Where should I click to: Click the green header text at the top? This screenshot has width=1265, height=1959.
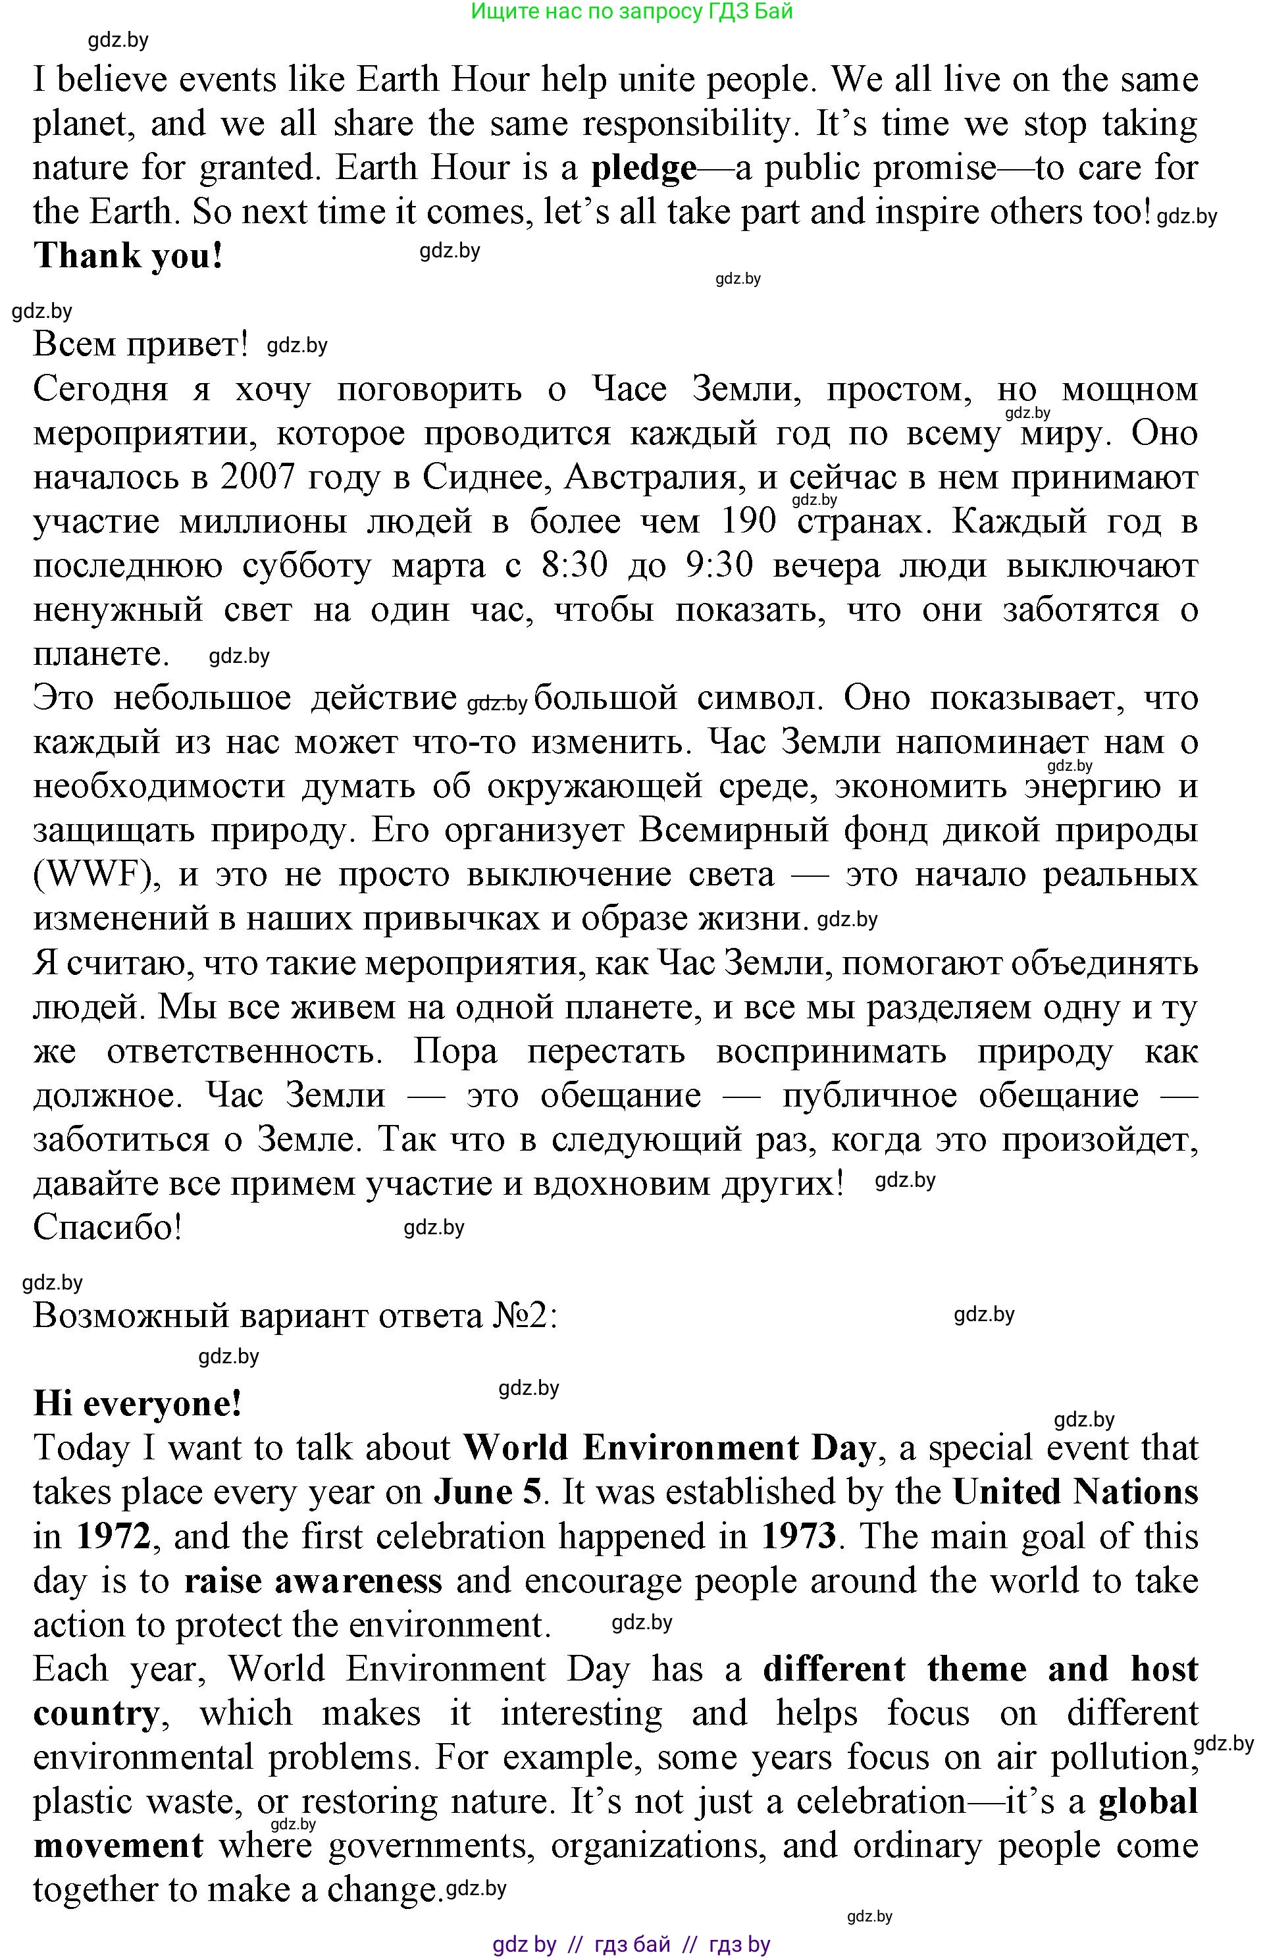632,11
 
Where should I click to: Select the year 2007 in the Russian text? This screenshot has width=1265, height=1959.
257,477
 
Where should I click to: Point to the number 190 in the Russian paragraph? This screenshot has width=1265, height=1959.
748,521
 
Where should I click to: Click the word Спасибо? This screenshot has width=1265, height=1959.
107,1228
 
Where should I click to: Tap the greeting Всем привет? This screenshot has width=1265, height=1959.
140,345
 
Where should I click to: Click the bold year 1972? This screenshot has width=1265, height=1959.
113,1536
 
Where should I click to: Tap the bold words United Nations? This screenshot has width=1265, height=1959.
1074,1492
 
